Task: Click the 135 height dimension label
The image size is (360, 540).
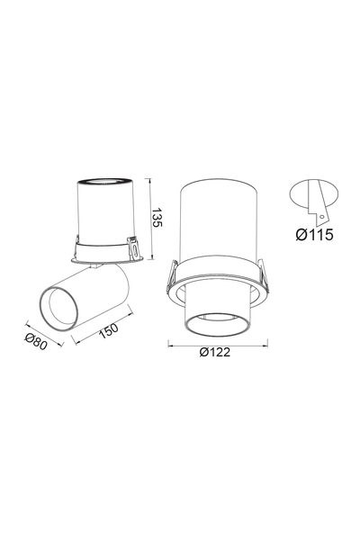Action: point(157,217)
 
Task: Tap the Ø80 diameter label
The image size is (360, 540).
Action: point(36,342)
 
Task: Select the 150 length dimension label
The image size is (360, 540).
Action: point(109,330)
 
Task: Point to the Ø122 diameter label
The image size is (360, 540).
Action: point(214,352)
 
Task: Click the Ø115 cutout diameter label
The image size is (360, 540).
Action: point(314,235)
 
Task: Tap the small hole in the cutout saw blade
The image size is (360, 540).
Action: point(321,217)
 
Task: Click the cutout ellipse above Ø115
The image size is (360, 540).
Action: point(314,193)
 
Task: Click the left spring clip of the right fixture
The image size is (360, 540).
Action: point(172,276)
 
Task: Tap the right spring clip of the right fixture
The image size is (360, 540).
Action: point(263,273)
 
